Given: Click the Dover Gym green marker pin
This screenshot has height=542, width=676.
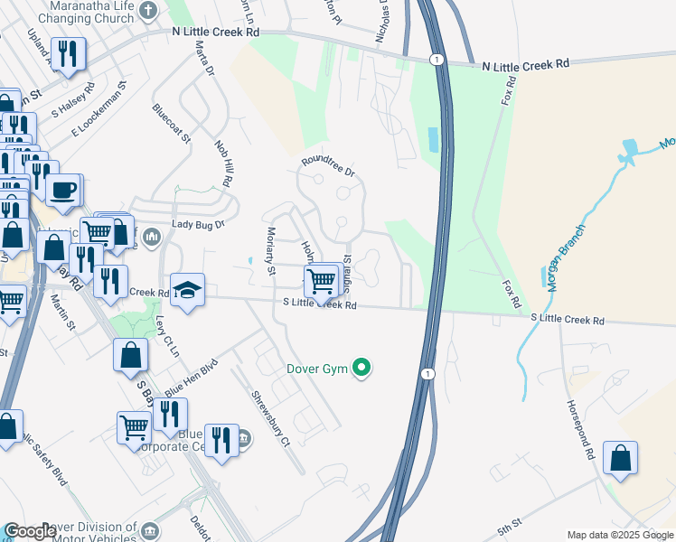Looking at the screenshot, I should click(361, 368).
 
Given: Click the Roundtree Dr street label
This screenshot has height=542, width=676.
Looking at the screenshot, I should click(329, 164).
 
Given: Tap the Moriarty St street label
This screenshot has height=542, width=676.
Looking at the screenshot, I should click(269, 250).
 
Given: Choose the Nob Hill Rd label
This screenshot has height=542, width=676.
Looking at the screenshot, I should click(223, 163).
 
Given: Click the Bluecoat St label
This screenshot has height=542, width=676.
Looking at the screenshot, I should click(171, 125).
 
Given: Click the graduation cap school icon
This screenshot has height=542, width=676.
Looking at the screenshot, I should click(188, 289).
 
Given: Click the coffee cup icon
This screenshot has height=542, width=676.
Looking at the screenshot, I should click(62, 191).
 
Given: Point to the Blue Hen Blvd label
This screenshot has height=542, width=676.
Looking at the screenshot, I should click(190, 376).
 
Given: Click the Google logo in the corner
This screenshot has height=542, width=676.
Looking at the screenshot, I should click(30, 531).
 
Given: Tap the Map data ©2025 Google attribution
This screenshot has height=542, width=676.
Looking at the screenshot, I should click(620, 535).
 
